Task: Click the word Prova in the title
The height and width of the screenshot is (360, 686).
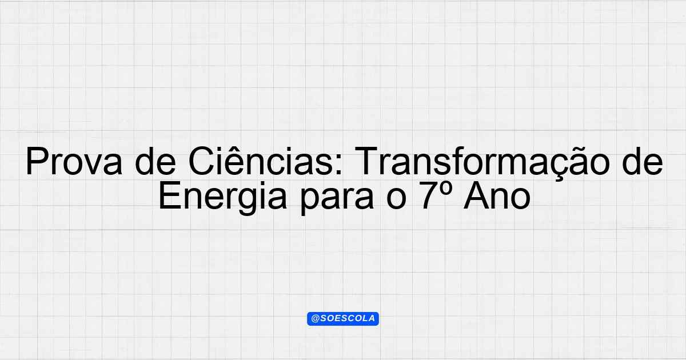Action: (x=74, y=161)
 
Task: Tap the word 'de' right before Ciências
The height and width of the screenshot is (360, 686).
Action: (x=155, y=161)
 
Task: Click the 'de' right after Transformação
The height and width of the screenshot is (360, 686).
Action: (x=642, y=161)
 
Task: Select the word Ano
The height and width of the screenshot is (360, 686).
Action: (x=497, y=195)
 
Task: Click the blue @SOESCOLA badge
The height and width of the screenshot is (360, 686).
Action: (x=343, y=319)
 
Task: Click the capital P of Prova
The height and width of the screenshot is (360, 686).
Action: (x=37, y=161)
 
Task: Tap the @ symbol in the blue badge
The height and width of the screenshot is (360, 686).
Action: (x=315, y=319)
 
